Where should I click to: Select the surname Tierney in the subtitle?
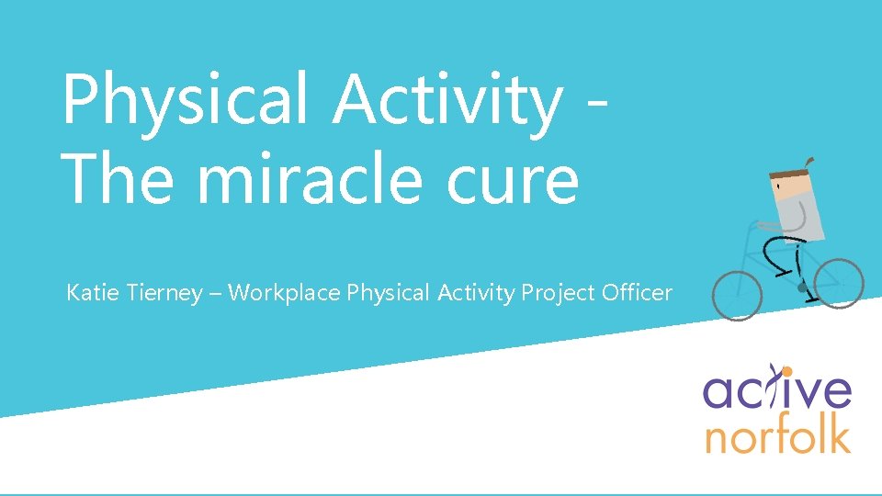click(x=165, y=294)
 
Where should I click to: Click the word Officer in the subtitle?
click(x=637, y=293)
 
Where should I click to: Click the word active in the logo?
click(x=777, y=390)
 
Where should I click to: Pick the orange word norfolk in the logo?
click(x=777, y=435)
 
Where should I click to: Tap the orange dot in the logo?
click(x=786, y=371)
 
